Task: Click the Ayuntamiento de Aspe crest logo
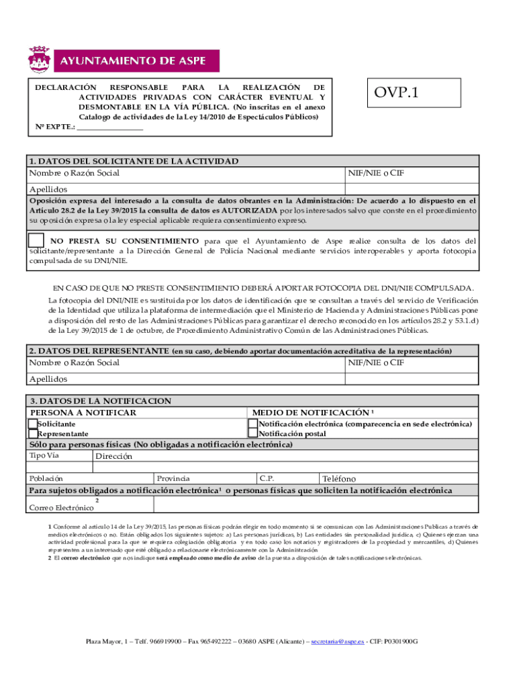(39, 60)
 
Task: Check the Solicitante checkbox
(33, 424)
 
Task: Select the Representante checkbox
(33, 433)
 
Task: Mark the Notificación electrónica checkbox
(253, 424)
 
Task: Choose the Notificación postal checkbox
(253, 433)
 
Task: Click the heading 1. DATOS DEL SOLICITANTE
(133, 161)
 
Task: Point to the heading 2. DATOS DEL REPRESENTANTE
(99, 351)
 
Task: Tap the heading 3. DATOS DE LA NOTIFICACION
(100, 401)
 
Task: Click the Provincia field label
(173, 479)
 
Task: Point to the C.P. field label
(267, 479)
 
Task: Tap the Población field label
(46, 479)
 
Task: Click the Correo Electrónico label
(60, 507)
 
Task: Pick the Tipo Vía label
(44, 456)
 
